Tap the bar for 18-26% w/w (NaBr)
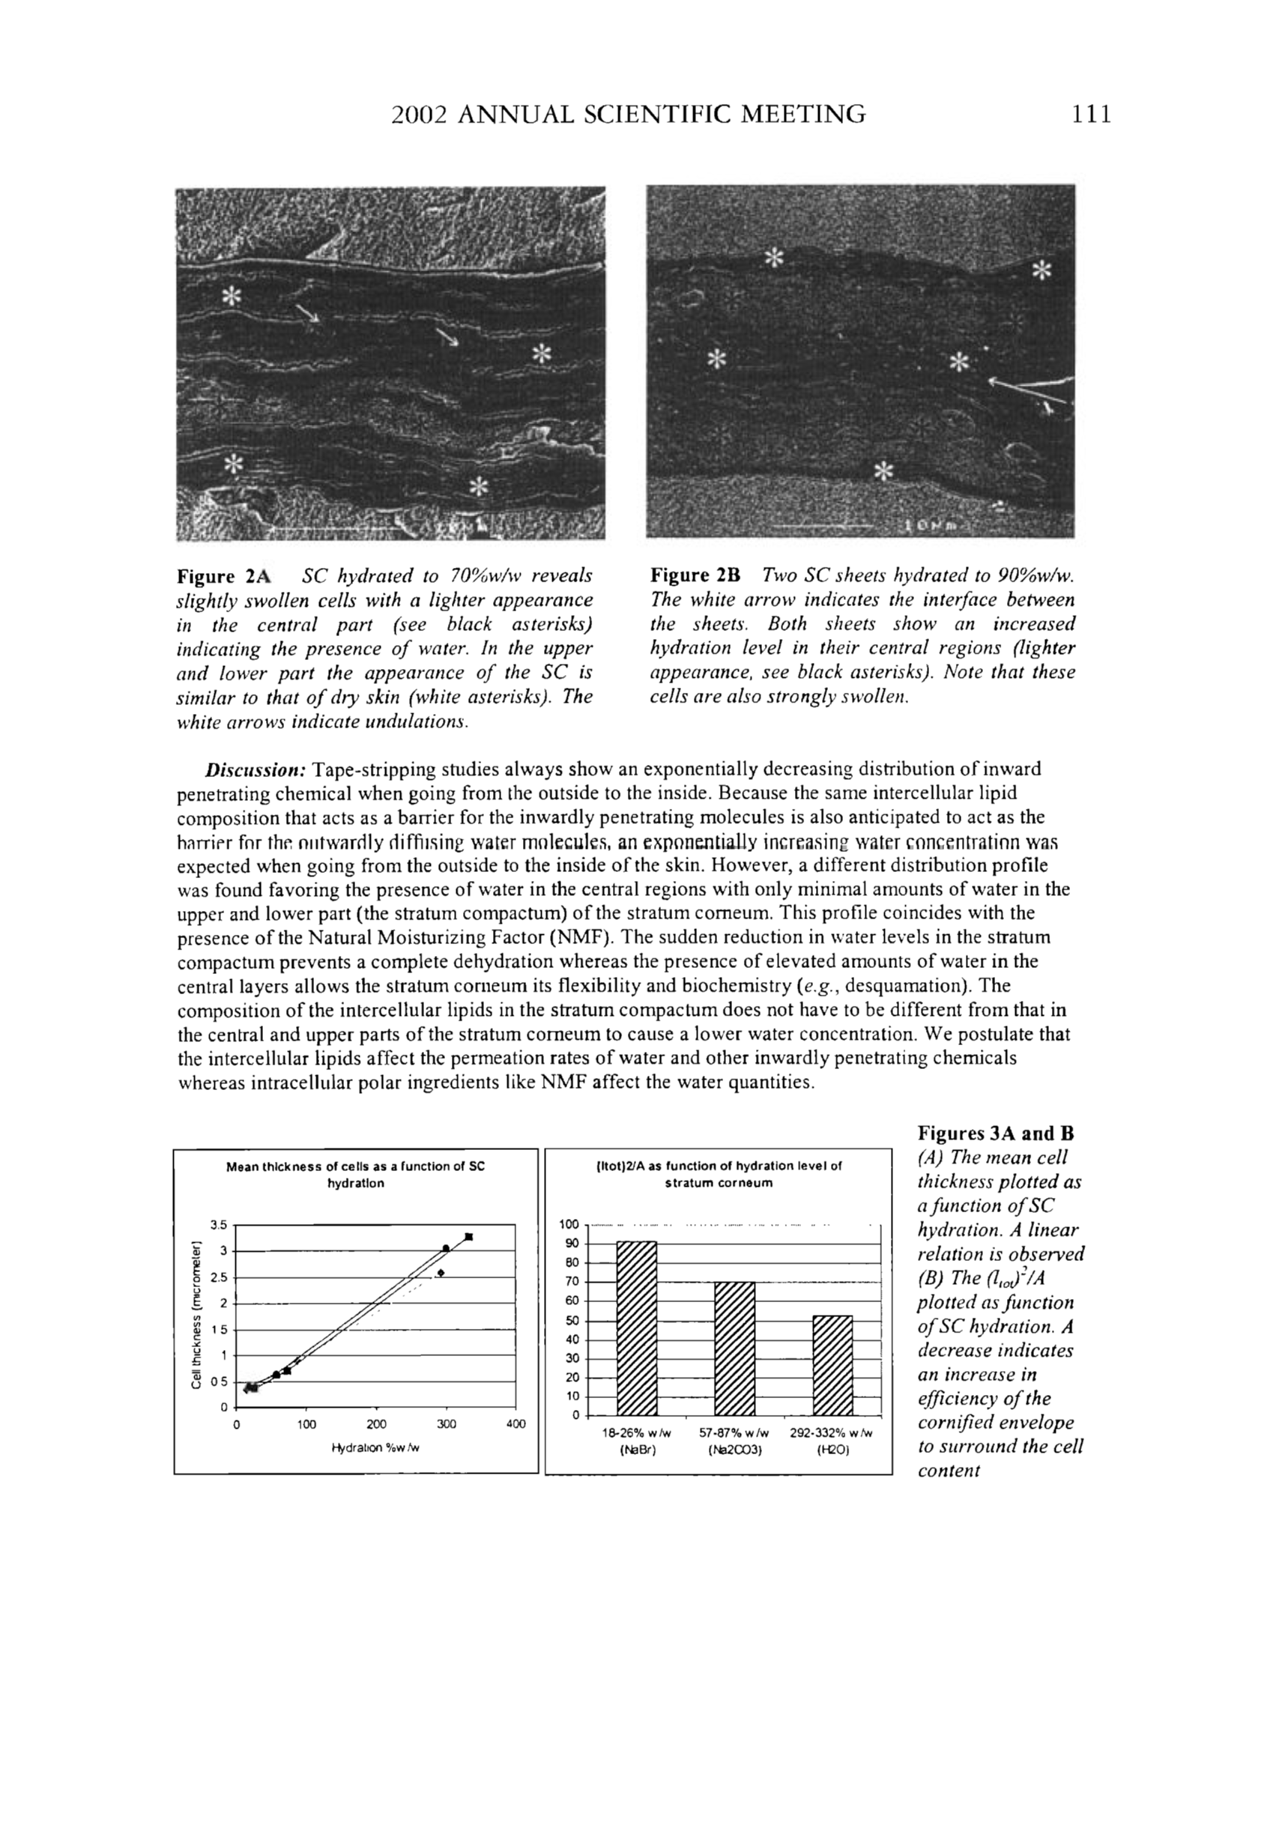tap(637, 1328)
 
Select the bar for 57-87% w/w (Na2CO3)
tap(734, 1348)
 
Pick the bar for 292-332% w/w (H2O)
tap(832, 1365)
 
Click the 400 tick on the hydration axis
tap(515, 1424)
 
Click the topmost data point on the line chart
tap(469, 1237)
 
